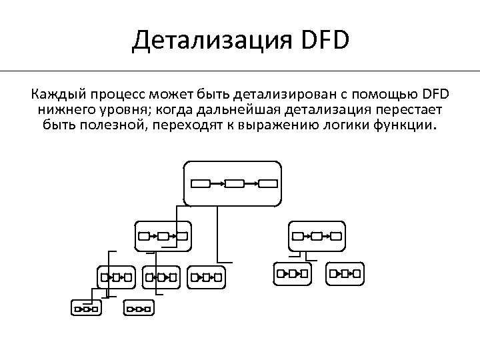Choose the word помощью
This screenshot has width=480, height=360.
[382, 92]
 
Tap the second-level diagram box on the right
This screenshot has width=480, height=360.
[317, 235]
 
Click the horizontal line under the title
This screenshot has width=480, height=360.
[240, 71]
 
